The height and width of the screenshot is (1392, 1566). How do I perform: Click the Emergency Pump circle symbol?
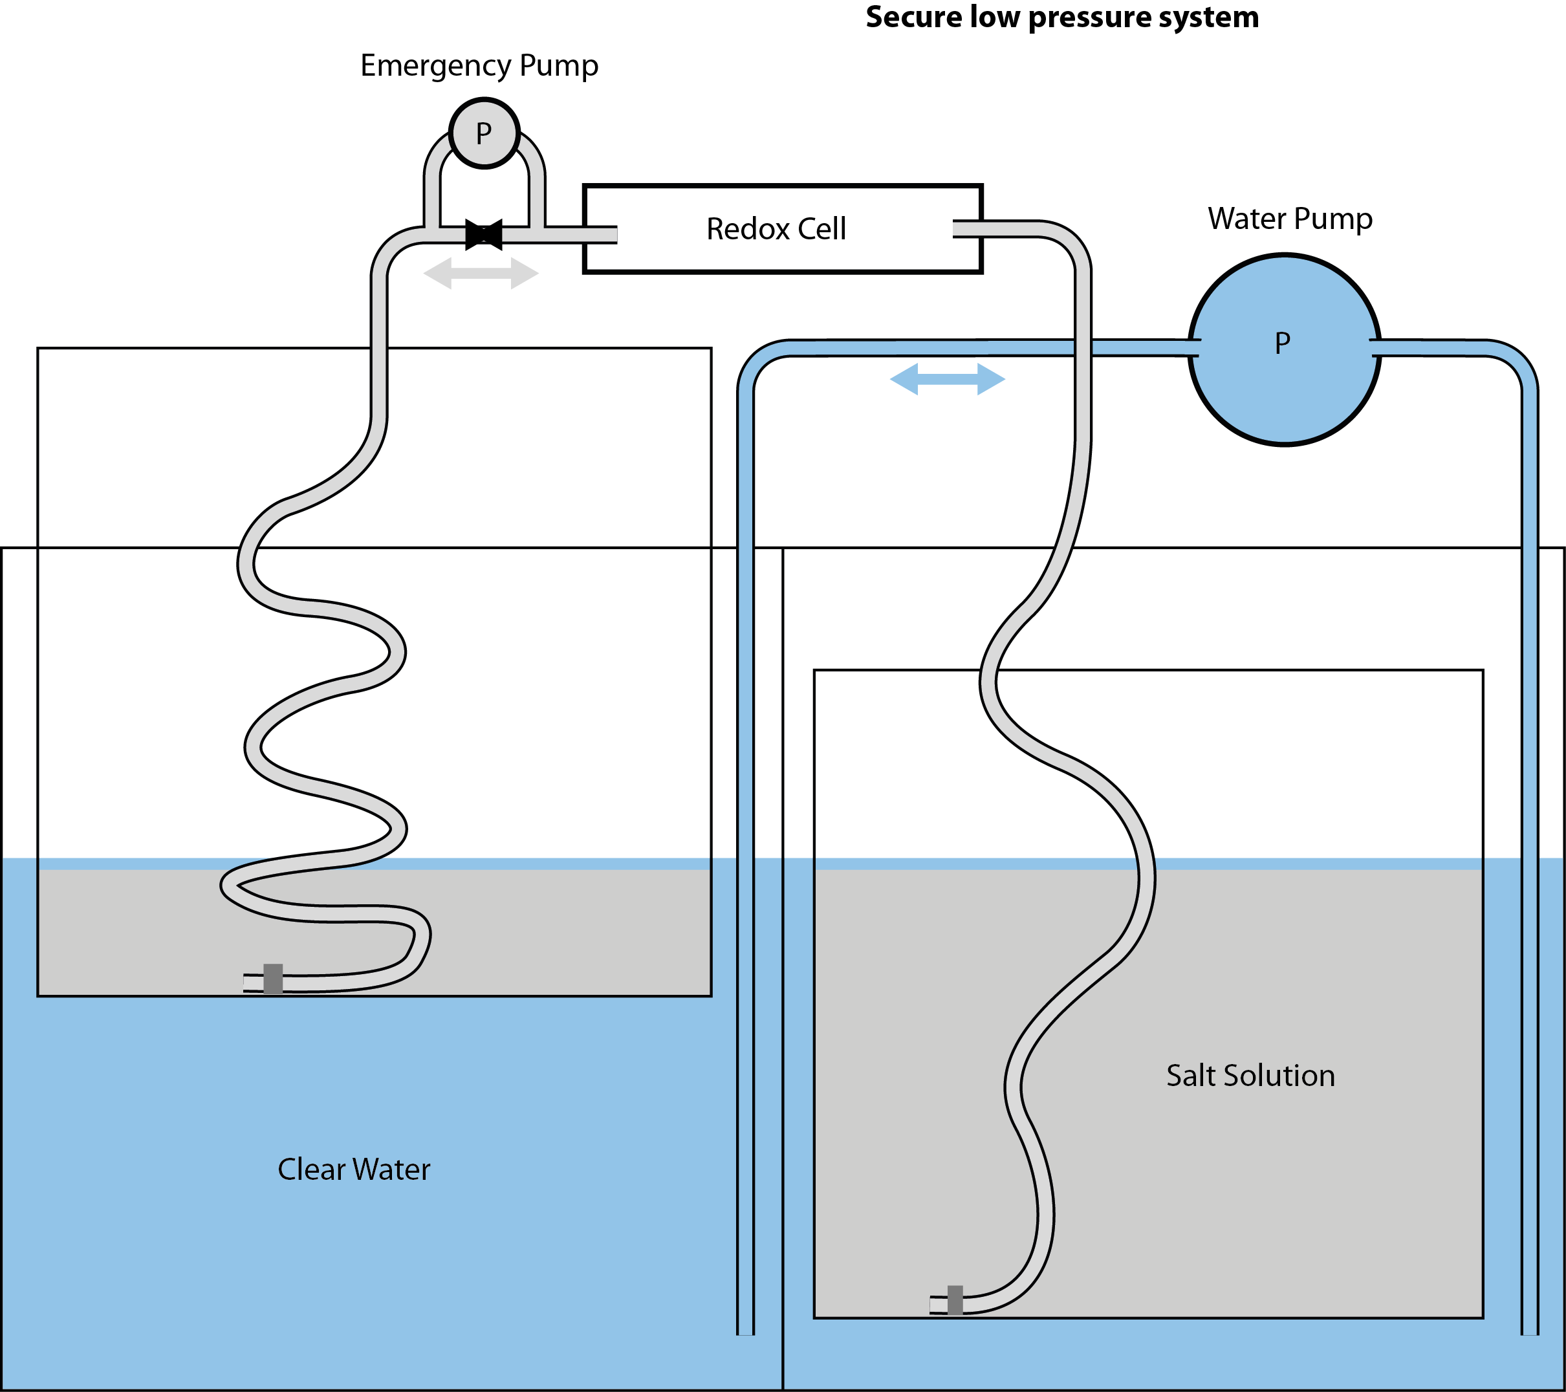coord(484,133)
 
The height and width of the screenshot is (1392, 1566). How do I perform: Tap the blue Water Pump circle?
coord(1285,349)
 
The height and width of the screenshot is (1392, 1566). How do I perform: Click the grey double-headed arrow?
coord(481,274)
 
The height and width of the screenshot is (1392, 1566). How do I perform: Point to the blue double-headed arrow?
coord(948,379)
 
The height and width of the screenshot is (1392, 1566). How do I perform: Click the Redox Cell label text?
coord(776,229)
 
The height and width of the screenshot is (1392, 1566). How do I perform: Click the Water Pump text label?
coord(1290,219)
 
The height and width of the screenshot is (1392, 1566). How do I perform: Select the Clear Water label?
coord(354,1170)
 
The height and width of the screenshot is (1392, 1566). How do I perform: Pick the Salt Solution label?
coord(1250,1076)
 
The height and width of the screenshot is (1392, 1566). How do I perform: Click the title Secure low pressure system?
coord(1062,17)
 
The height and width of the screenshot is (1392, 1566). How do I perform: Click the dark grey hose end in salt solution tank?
coord(955,1300)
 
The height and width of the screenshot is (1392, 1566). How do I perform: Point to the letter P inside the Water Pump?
coord(1283,343)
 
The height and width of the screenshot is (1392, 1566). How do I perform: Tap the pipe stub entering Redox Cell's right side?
coord(968,229)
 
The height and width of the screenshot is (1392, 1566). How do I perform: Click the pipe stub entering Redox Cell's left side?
coord(600,234)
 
